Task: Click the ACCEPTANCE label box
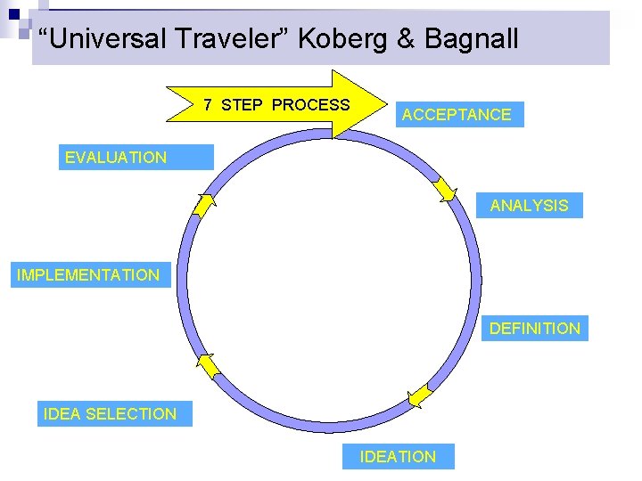click(457, 115)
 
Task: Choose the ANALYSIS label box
click(529, 206)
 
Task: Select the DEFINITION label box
click(534, 329)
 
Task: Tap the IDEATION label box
click(398, 457)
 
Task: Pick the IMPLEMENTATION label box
click(88, 275)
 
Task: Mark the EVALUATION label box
click(116, 158)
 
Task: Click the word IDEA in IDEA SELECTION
click(62, 414)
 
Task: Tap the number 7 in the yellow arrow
click(208, 105)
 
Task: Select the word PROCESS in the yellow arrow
click(310, 105)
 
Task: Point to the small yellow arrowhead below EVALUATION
click(204, 205)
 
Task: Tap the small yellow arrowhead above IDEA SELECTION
click(206, 365)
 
